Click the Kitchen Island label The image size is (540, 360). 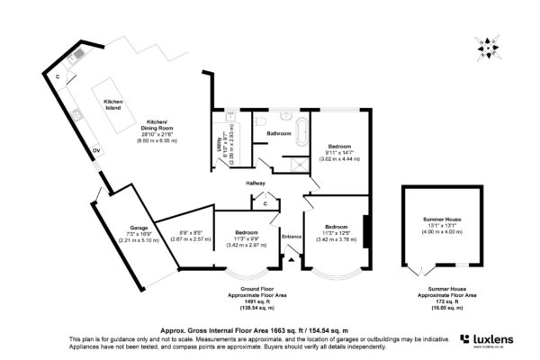(x=112, y=104)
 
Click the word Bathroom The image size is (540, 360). (x=277, y=134)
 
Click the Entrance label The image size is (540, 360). (x=292, y=236)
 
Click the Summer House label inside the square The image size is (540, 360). (x=446, y=219)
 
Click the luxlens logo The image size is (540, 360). (x=494, y=339)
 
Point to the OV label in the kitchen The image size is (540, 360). (x=95, y=150)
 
